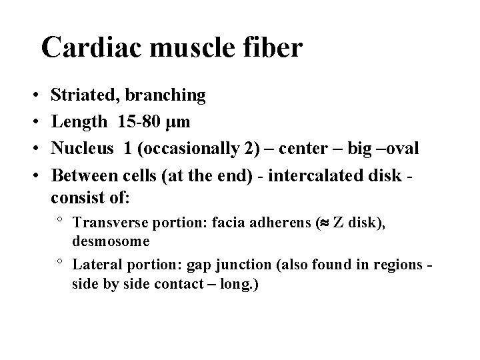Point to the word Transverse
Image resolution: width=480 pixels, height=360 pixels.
pos(106,223)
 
